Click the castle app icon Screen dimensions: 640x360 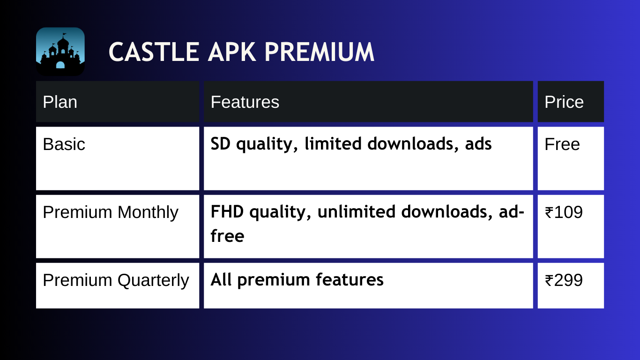click(60, 52)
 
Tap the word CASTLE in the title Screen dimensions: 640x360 click(154, 52)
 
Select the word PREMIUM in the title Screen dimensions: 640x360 click(319, 52)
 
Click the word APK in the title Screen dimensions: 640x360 click(232, 52)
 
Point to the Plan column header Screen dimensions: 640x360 click(60, 102)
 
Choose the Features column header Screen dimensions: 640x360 click(245, 102)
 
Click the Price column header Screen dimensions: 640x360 click(564, 102)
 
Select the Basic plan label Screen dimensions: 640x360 click(64, 144)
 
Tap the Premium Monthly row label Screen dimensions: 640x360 click(111, 212)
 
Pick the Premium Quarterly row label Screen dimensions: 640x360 click(116, 280)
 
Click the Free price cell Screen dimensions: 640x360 click(562, 144)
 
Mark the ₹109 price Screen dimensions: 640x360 click(564, 212)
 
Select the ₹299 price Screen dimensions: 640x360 click(564, 280)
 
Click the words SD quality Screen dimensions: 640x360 click(254, 144)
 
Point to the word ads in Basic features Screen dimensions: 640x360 click(478, 143)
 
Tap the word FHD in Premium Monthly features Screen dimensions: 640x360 click(227, 211)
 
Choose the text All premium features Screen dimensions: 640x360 click(297, 280)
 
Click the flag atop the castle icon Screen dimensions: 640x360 click(65, 35)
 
